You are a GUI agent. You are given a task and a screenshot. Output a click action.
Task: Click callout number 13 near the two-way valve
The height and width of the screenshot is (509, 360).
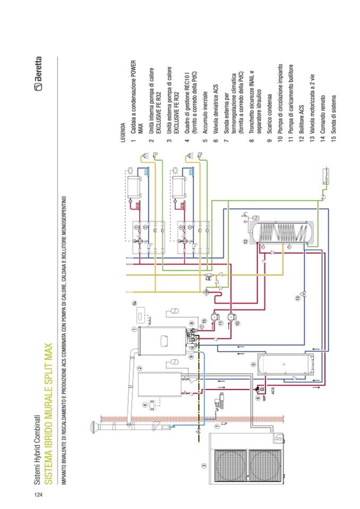pos(298,299)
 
